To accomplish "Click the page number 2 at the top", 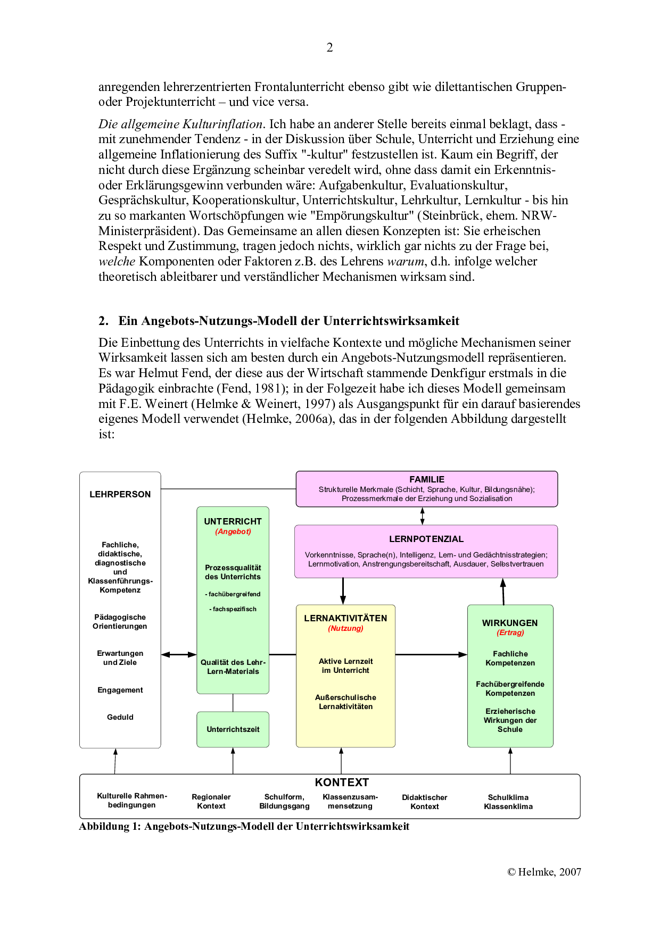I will point(329,48).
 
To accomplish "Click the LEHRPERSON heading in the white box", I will point(120,494).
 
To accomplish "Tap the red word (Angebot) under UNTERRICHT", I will point(233,531).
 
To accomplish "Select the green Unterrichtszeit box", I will point(233,729).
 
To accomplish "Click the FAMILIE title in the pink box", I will point(426,479).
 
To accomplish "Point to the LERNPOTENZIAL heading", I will point(426,539).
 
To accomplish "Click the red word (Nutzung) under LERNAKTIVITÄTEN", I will point(345,628).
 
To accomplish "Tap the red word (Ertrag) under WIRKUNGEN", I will point(510,632).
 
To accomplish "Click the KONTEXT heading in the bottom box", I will point(342,782).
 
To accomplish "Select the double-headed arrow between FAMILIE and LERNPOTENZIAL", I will point(422,516).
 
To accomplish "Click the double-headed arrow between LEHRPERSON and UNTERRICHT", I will point(179,654).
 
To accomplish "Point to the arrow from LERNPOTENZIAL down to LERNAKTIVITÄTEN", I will point(343,591).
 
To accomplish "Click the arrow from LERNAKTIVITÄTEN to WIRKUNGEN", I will point(431,654).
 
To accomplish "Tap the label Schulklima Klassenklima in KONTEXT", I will point(508,802).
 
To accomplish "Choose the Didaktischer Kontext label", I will point(424,802).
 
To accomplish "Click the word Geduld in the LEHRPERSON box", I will point(120,717).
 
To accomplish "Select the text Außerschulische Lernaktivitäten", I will point(345,702).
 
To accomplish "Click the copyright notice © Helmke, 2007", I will point(543,872).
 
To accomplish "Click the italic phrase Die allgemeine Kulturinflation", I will point(181,124).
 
